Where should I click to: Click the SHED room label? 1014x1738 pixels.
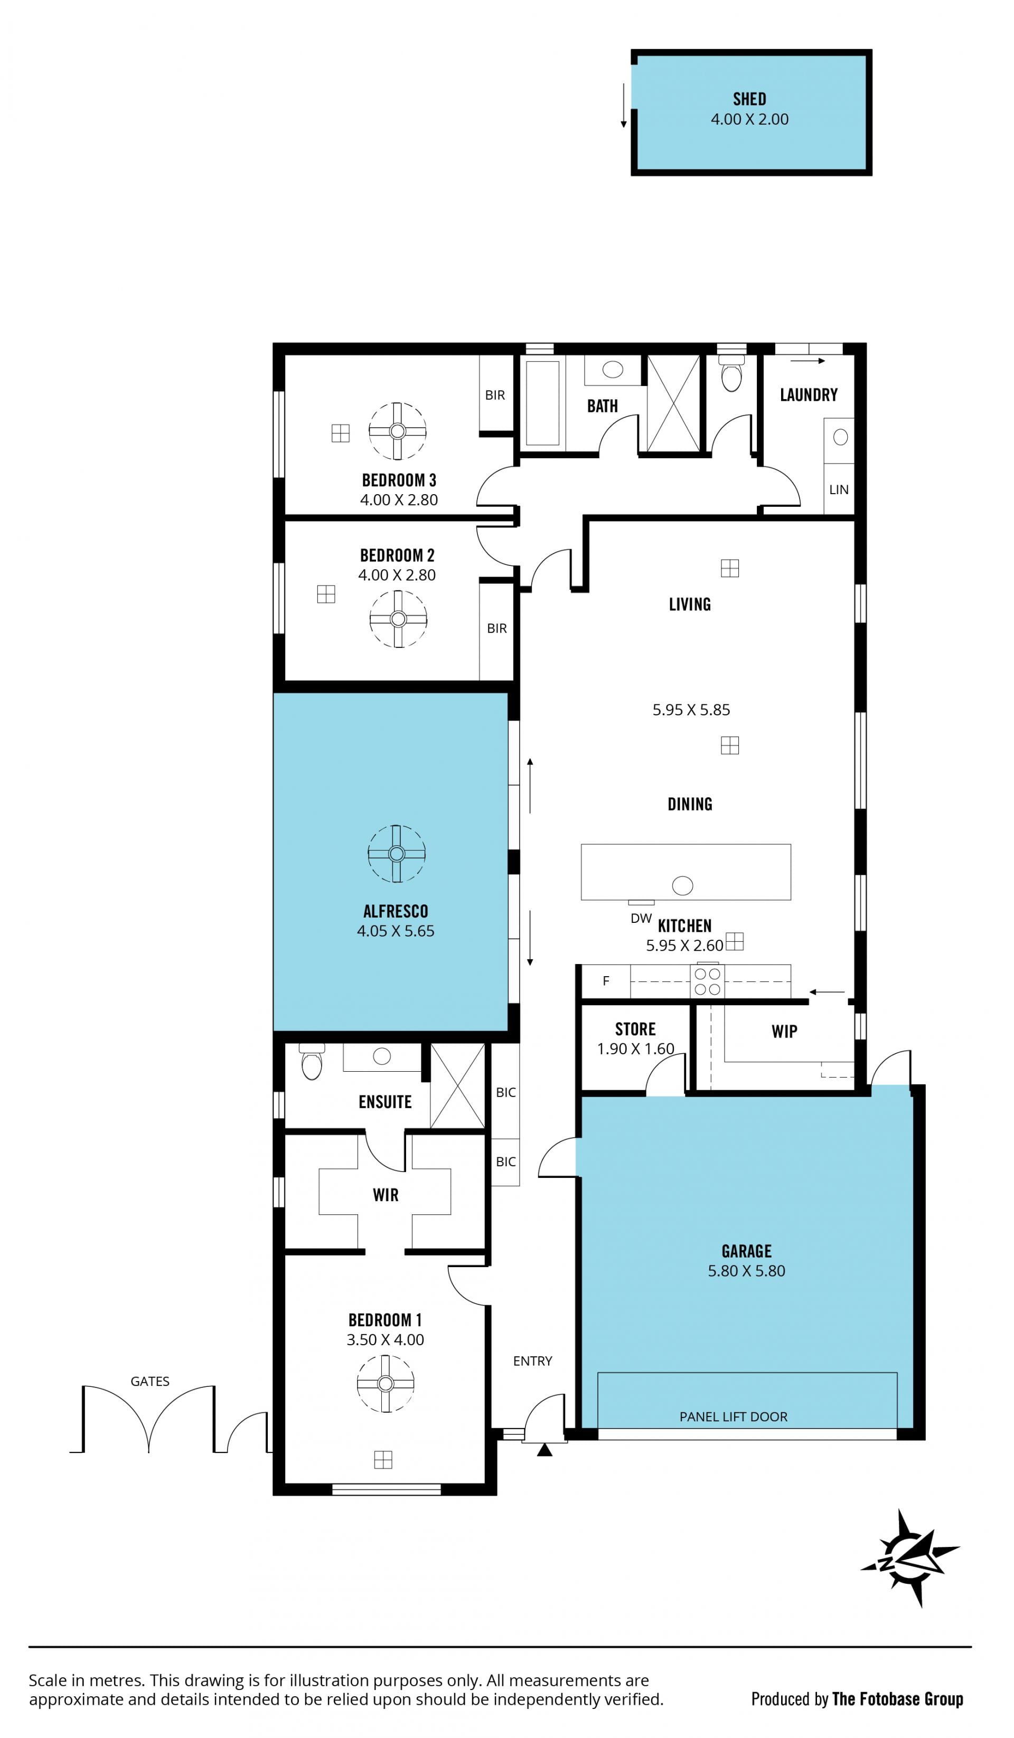click(x=749, y=99)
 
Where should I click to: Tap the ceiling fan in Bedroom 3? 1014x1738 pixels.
click(x=397, y=431)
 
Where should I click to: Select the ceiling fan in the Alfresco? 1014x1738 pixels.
click(x=397, y=854)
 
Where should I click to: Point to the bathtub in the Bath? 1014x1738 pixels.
click(x=542, y=403)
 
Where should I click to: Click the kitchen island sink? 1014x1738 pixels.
click(x=682, y=885)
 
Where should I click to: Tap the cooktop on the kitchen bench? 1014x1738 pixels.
click(x=707, y=981)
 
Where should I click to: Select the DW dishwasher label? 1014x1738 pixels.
click(x=641, y=919)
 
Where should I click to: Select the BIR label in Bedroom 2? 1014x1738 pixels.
click(x=496, y=628)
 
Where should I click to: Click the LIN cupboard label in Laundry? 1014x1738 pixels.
click(x=839, y=490)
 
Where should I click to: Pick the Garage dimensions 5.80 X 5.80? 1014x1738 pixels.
click(x=746, y=1271)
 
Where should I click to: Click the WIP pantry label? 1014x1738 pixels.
click(x=784, y=1032)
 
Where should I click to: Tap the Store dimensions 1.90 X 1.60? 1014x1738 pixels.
click(x=635, y=1049)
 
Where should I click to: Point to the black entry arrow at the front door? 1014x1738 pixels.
click(x=544, y=1450)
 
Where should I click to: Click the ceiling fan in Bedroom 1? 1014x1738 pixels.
click(x=386, y=1384)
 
